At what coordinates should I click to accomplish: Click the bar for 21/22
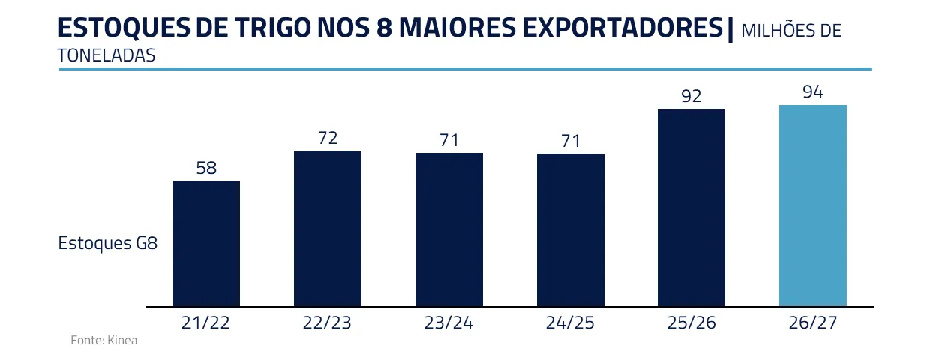(206, 244)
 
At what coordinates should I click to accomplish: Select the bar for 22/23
(328, 229)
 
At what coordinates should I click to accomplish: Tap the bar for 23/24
(449, 229)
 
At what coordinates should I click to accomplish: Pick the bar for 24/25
(571, 230)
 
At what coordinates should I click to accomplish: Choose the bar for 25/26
(691, 208)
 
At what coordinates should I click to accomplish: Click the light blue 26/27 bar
(813, 205)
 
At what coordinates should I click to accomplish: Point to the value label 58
(206, 169)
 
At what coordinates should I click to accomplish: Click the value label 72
(328, 139)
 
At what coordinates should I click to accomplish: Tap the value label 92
(691, 96)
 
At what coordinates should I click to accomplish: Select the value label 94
(813, 92)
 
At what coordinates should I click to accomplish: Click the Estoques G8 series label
(107, 244)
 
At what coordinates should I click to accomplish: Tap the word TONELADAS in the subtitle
(106, 55)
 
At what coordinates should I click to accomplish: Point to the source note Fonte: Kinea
(104, 340)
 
